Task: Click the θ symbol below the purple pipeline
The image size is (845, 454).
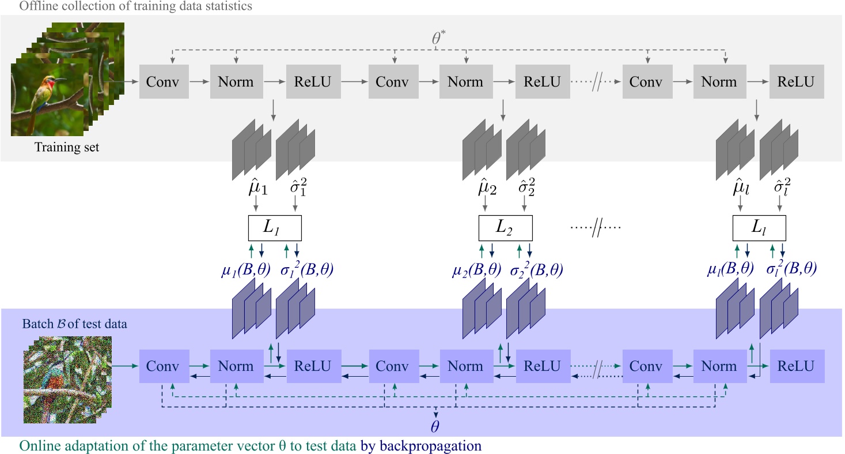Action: tap(436, 427)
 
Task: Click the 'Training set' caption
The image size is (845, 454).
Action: tap(67, 148)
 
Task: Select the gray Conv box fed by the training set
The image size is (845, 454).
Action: tap(163, 82)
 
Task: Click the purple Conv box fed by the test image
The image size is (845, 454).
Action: tap(163, 366)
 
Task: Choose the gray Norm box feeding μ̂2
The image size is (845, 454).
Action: tap(465, 82)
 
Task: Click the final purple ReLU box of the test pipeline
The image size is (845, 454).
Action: tap(796, 366)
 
